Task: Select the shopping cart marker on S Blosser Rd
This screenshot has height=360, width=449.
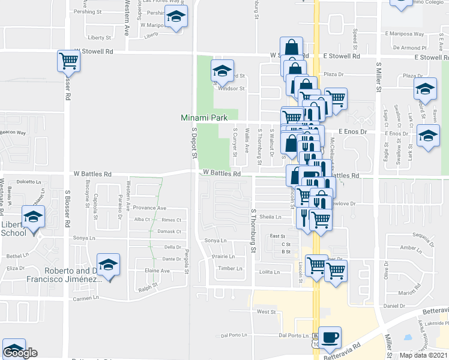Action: (x=69, y=61)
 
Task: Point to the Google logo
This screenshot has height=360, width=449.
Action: (x=20, y=353)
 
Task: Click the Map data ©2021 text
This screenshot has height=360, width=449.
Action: (x=423, y=355)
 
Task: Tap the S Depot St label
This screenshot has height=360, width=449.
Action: (x=194, y=143)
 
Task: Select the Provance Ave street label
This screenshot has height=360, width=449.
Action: (x=149, y=208)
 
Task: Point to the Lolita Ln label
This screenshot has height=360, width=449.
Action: (x=269, y=272)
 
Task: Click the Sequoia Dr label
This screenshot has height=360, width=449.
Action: (x=423, y=238)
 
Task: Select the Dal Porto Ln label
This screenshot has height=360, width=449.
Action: (x=293, y=335)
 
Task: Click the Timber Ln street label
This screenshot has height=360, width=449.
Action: (x=230, y=268)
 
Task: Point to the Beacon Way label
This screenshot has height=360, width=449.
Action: (x=13, y=133)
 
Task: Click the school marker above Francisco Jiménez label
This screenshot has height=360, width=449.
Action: (x=108, y=265)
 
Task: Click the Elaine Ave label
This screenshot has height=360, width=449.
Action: (x=157, y=271)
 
